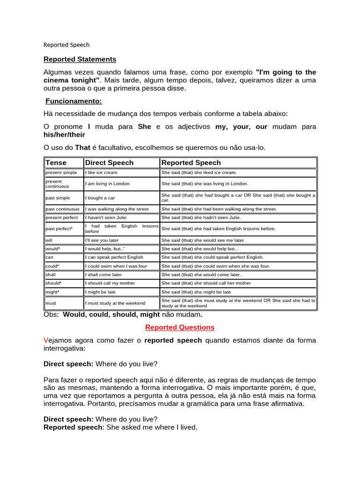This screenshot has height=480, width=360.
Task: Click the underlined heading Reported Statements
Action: click(x=80, y=60)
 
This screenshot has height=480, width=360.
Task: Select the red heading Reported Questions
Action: click(x=180, y=327)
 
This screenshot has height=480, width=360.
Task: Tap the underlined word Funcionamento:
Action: click(x=74, y=101)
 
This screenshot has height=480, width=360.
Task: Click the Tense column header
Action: click(x=56, y=163)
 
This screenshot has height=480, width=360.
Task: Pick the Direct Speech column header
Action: click(x=109, y=163)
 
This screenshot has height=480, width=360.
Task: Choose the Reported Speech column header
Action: click(x=191, y=163)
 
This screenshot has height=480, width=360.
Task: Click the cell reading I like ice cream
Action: click(x=101, y=172)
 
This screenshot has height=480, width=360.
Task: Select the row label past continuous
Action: click(x=62, y=209)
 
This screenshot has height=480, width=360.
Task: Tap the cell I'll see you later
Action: click(x=102, y=240)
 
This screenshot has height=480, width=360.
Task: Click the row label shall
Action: click(x=51, y=275)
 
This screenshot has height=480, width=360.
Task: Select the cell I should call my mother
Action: click(x=110, y=283)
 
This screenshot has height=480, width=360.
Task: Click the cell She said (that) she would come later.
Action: click(x=201, y=275)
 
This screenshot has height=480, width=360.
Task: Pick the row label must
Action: click(x=51, y=303)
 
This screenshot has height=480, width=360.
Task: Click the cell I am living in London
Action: click(x=107, y=183)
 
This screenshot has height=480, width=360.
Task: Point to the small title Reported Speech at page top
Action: click(x=66, y=45)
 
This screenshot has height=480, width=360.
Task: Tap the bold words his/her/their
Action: click(x=64, y=135)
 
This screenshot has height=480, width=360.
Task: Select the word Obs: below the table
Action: click(x=51, y=315)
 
